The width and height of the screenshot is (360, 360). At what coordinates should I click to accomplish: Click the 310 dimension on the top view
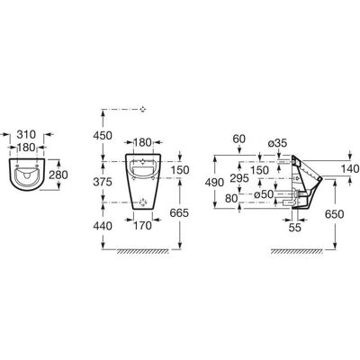coord(26,134)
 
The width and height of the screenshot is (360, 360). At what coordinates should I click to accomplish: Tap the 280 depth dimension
coord(58,175)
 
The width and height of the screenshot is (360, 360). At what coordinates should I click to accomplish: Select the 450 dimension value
coord(103,136)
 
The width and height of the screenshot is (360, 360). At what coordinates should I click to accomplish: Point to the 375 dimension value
coord(103,182)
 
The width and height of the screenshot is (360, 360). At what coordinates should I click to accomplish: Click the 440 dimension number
coord(103,226)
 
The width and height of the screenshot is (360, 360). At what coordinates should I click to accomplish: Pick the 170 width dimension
coord(142,226)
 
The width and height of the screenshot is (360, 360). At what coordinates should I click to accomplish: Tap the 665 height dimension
coord(179,213)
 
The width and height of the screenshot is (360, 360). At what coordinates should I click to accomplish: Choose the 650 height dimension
coord(334,214)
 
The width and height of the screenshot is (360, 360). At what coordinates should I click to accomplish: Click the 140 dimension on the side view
coord(350,169)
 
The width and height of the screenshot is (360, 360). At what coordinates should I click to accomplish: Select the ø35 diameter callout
coord(277,144)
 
